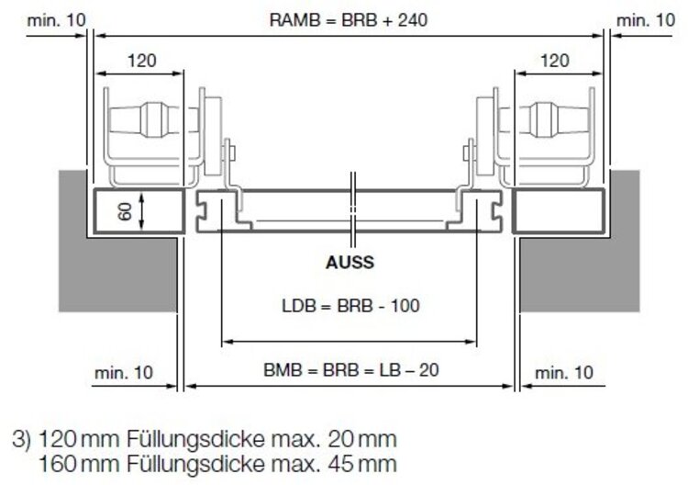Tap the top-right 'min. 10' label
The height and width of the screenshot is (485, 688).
pyautogui.click(x=646, y=18)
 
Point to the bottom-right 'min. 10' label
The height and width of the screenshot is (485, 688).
pyautogui.click(x=564, y=372)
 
